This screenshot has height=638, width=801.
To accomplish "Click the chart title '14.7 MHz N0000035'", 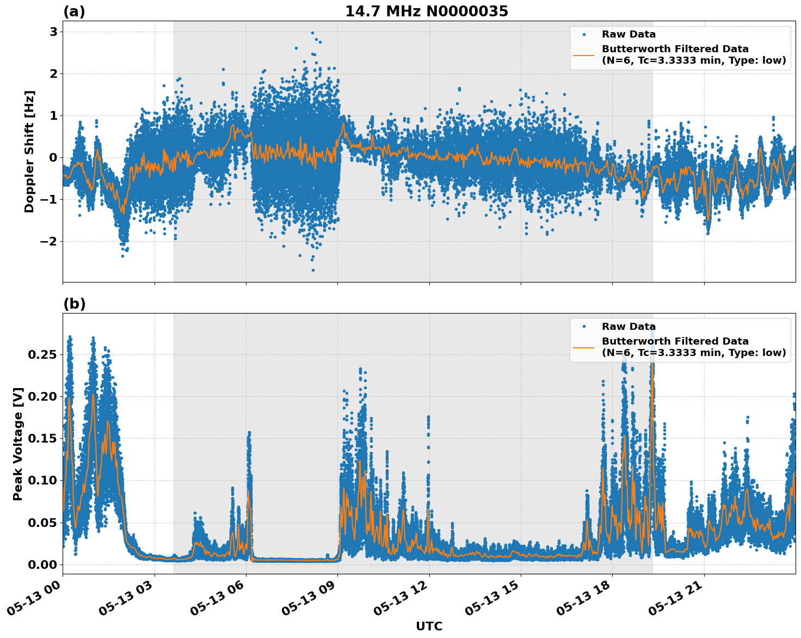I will coord(426,11).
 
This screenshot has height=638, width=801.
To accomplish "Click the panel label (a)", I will coord(74,11).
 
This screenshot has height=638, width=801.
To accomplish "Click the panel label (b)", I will coord(74,304).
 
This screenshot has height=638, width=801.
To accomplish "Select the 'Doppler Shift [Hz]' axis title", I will coord(29,151).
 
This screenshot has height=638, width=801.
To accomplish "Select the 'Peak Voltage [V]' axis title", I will coord(18,444).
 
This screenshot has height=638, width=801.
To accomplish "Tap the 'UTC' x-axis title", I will coord(429,626).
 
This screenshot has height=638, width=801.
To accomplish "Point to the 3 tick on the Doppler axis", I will coord(53,32).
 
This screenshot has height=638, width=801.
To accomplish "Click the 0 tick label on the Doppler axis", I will coord(53,157).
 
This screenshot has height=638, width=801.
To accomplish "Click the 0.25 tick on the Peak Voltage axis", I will coord(42,354).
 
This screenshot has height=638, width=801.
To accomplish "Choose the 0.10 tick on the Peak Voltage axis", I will coord(42,480).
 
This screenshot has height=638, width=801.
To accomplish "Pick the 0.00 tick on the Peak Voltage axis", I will coord(42,564).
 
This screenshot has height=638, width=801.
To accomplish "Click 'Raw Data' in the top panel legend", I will coord(629,34).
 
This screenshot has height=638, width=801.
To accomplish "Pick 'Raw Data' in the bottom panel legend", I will coord(629,327).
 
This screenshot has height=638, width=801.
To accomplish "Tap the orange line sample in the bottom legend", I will coord(583,347).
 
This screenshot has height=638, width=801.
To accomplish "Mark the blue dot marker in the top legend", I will coord(583,34).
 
